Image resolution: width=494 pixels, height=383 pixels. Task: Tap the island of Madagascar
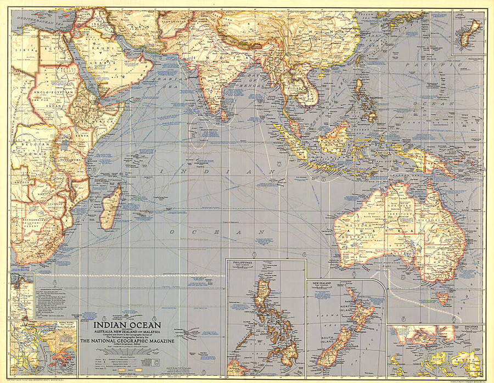(113, 207)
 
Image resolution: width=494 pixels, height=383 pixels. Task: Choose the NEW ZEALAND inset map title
(324, 284)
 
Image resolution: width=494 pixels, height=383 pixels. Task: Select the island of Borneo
(333, 138)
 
